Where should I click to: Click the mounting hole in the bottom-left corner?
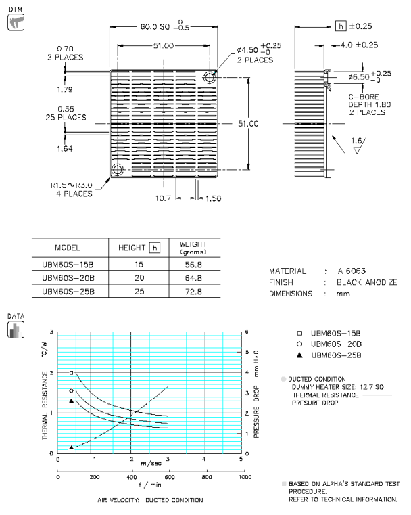pos(118,169)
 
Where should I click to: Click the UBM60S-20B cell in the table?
pos(68,277)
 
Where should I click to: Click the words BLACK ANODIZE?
pos(367,282)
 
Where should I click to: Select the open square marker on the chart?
pos(71,373)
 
